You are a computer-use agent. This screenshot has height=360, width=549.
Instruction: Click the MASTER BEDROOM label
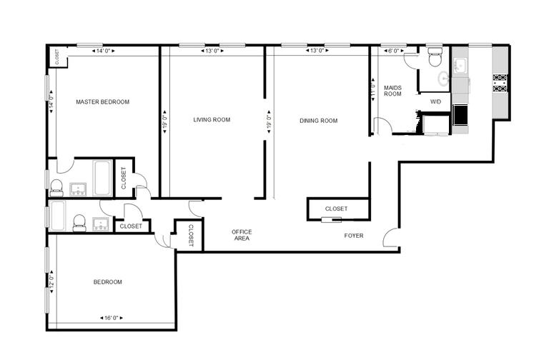103,102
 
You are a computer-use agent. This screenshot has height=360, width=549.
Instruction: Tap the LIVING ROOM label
212,120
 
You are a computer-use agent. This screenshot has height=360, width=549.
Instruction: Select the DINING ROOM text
319,121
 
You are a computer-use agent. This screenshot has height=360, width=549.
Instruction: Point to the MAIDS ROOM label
393,91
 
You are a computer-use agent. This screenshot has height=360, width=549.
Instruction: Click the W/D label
435,102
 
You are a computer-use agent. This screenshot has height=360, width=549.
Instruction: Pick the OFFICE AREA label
242,235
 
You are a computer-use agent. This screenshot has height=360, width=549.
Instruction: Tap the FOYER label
354,236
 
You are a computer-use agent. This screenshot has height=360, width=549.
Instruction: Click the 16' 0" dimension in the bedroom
112,318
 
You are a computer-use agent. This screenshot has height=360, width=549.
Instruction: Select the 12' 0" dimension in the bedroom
51,281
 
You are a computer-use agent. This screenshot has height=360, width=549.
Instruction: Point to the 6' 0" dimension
394,51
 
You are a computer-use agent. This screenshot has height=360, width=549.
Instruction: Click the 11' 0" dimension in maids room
372,89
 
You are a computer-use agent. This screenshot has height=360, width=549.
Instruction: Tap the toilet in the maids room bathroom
435,58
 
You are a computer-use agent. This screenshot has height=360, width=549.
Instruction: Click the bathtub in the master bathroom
103,178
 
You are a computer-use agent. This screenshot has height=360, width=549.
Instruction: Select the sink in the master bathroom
79,189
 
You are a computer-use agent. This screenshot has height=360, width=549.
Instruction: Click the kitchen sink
460,66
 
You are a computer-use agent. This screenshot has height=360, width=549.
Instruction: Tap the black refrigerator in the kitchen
460,115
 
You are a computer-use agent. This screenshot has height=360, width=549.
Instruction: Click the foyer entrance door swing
390,236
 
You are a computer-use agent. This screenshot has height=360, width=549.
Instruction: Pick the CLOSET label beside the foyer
337,209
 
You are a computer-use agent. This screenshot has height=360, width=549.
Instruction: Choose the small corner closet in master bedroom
57,56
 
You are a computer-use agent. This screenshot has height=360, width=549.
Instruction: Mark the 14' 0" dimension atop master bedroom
103,51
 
